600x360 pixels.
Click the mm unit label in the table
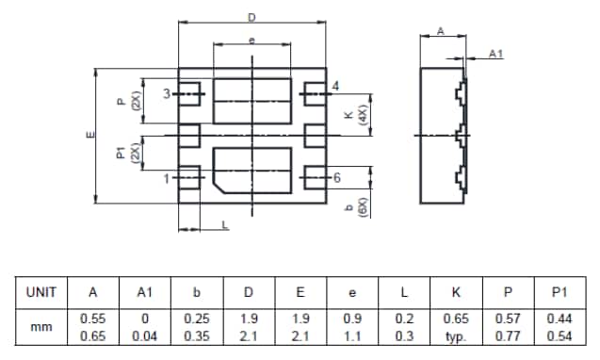pos(41,327)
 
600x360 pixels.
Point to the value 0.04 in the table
pos(145,335)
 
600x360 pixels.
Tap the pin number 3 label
pos(167,94)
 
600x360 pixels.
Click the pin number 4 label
pos(336,87)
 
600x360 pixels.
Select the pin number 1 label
pos(167,177)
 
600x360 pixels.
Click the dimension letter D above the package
pos(251,17)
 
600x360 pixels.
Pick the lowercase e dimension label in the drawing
pos(251,40)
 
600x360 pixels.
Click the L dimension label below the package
pos(224,224)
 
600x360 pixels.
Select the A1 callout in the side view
pos(495,54)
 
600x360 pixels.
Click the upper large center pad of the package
pos(251,99)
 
